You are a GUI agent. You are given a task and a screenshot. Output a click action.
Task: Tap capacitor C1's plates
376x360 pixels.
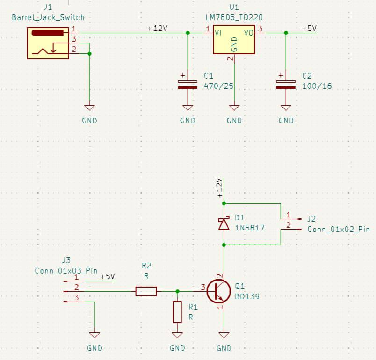point(188,84)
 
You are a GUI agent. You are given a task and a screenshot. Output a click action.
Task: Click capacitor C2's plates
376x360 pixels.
point(286,84)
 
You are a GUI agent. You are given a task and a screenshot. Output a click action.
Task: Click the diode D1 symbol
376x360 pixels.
point(224,224)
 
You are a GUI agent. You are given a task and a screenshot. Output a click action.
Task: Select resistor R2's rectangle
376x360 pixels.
point(146,291)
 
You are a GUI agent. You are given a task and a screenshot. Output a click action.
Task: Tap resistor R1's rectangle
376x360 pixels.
point(177,312)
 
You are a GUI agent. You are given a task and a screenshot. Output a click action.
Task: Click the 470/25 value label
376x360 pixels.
point(218,86)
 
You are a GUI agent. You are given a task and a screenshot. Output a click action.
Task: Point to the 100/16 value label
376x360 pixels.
point(317,86)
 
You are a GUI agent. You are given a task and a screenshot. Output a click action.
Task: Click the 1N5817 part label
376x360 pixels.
point(250,228)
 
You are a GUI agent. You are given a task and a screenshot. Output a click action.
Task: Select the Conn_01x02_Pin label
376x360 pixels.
point(338,230)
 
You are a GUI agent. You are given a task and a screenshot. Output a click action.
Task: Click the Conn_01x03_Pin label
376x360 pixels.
point(66,271)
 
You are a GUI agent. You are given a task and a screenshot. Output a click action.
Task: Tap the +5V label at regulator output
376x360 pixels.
point(309,29)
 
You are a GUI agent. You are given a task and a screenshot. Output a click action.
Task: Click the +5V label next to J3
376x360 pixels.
point(107,277)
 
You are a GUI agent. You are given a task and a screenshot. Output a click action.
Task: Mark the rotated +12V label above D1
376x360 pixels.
point(220,188)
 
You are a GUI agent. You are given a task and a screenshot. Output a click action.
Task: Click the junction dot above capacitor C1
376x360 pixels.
point(188,33)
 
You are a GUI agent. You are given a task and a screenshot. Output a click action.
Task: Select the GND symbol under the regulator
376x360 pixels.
point(234,108)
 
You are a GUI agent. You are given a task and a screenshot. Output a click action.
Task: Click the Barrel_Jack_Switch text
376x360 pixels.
point(48,17)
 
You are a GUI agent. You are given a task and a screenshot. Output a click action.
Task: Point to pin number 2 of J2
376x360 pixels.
point(288,225)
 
